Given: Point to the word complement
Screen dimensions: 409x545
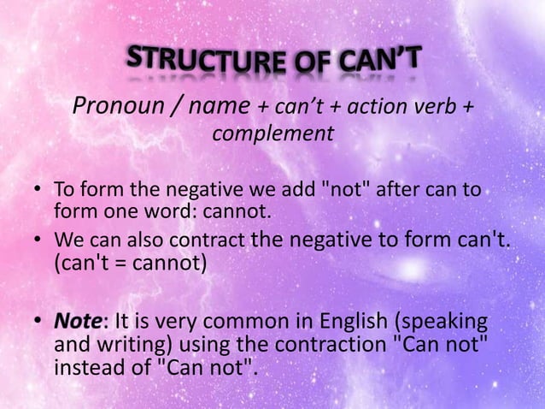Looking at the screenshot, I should pos(272,134).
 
